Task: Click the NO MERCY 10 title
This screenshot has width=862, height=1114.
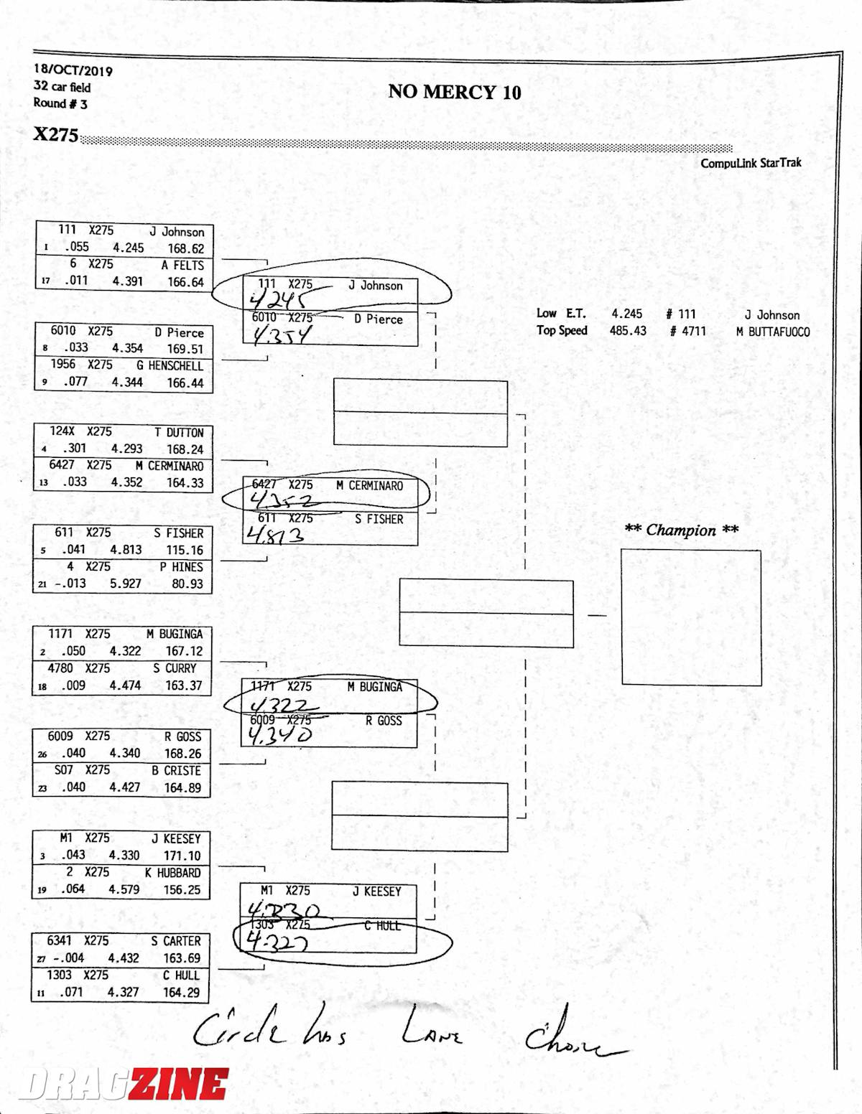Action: tap(454, 92)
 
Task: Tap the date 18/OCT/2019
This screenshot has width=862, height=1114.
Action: tap(73, 70)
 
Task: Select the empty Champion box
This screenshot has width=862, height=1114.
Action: tap(690, 617)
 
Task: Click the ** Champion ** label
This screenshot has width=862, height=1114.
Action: tap(681, 530)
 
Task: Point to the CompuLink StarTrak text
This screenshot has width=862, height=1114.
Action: tap(751, 163)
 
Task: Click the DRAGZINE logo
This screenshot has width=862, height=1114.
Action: tap(124, 1085)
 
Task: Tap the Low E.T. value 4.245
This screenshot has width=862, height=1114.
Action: tap(626, 314)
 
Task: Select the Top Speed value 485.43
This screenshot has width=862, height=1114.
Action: tap(627, 331)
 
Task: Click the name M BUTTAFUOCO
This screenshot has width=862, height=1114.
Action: tap(772, 332)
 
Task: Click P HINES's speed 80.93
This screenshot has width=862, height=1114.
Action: tap(187, 584)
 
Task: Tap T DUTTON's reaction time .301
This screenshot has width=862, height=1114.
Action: tap(74, 449)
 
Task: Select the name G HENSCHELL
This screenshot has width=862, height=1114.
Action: tap(170, 365)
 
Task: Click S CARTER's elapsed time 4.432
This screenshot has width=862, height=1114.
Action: tap(123, 958)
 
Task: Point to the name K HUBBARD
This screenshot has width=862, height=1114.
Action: tap(172, 873)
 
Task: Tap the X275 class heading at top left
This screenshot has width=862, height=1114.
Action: tap(55, 134)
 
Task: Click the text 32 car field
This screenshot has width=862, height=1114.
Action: tap(62, 87)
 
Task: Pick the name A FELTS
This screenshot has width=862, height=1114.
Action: tap(182, 265)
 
